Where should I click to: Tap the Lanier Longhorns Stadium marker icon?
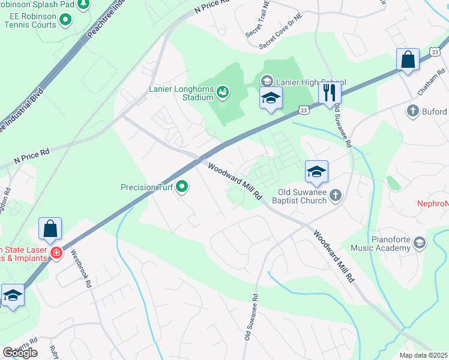[223, 92]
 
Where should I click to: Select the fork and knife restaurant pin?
[328, 92]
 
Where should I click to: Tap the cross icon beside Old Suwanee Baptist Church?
[336, 195]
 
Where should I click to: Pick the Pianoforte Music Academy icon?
[420, 242]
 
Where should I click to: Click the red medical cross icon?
[56, 253]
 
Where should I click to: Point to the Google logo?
[20, 353]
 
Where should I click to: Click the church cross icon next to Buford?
[412, 111]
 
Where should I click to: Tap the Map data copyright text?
[424, 355]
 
